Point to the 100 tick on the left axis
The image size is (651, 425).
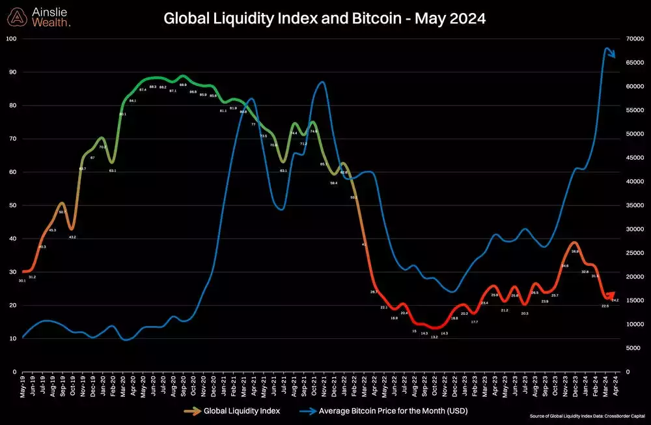11,38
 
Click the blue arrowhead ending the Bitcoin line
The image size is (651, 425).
612,55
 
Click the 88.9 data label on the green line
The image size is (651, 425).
182,85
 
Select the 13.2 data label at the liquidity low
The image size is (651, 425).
434,337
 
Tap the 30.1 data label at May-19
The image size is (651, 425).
22,280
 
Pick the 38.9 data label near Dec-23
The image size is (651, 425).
575,251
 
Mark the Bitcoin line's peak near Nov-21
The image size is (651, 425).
322,82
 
